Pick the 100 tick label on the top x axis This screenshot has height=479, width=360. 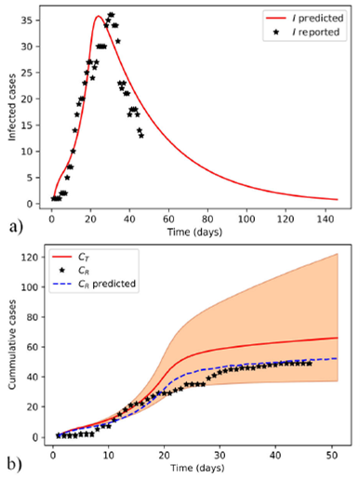(247, 216)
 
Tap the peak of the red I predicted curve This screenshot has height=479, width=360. (98, 16)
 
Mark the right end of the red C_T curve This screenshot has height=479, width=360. (336, 338)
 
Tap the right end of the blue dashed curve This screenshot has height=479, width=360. (336, 358)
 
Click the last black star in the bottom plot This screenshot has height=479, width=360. (308, 363)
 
